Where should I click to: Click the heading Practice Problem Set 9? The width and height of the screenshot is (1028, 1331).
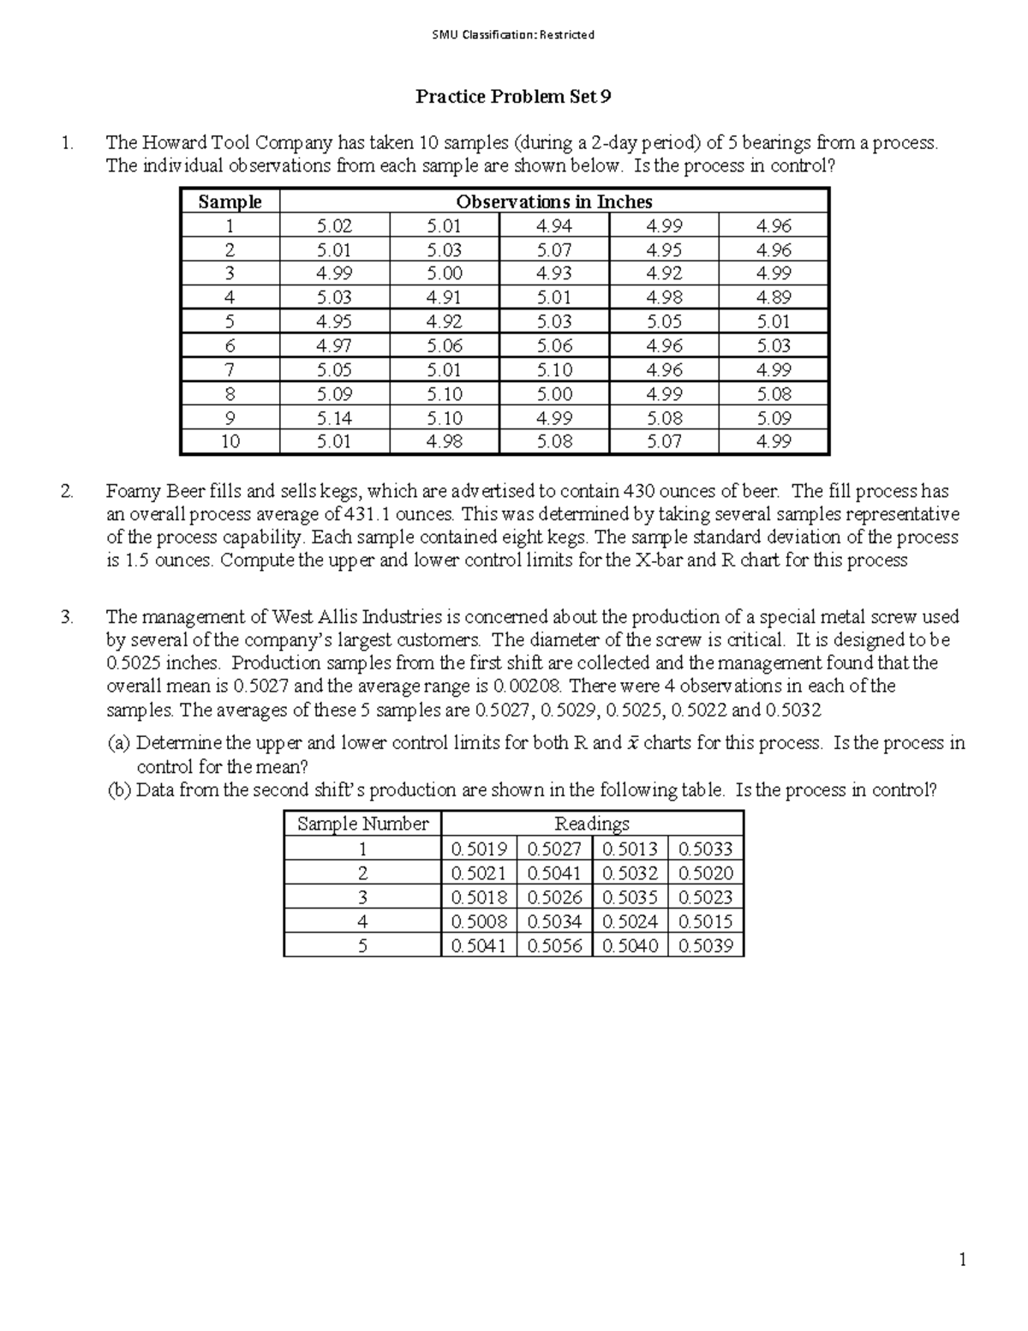click(513, 97)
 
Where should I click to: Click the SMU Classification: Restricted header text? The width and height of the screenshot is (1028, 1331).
click(514, 35)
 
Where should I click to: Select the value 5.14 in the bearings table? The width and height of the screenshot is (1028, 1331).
click(334, 418)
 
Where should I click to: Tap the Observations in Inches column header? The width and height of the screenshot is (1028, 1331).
click(553, 202)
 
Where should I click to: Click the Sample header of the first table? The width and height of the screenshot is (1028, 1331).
click(230, 202)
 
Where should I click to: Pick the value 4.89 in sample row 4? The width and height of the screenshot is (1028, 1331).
click(774, 297)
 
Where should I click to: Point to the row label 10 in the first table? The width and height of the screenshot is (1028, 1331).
click(230, 441)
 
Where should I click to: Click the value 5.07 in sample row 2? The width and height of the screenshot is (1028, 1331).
click(553, 250)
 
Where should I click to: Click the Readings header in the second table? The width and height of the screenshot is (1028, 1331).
click(592, 824)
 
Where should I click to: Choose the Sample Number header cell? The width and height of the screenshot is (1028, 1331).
click(362, 824)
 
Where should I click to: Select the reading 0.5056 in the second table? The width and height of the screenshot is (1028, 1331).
click(554, 946)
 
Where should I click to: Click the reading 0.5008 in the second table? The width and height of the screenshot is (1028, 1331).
click(479, 922)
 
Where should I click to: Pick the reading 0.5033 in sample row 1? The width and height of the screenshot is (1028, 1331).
click(705, 849)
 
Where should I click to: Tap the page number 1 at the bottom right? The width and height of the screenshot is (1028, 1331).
click(963, 1259)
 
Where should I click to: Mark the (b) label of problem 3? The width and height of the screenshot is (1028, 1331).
click(119, 790)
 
